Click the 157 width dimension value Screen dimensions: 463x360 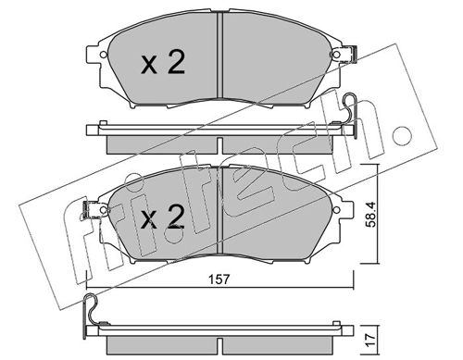point(219,279)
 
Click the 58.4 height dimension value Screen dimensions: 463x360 point(370,215)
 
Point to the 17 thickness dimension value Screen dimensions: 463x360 point(371,339)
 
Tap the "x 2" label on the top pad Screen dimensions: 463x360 point(163,63)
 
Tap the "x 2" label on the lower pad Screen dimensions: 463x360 point(163,217)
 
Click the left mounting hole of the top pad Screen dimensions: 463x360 point(104,55)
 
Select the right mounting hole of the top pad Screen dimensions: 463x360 point(336,55)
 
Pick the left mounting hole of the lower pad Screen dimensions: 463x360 point(105,209)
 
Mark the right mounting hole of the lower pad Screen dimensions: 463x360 point(337,209)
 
